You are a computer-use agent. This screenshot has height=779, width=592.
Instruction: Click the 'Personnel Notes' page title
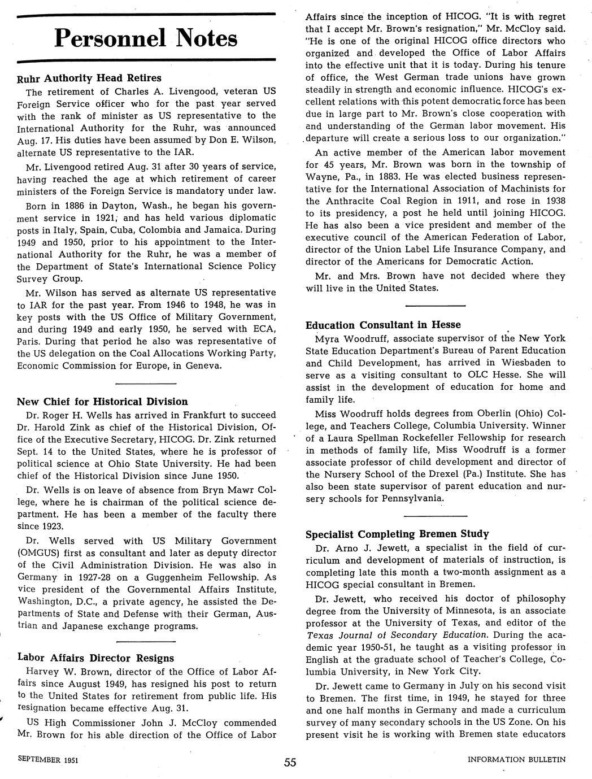(146, 38)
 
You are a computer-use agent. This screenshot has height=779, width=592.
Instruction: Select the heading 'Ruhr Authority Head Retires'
(89, 78)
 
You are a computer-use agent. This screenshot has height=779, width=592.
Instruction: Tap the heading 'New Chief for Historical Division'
(102, 402)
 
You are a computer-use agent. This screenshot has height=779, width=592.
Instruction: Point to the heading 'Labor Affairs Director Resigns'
(95, 658)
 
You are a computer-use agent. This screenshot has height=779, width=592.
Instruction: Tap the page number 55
(290, 762)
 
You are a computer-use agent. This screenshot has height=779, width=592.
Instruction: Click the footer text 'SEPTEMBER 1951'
(48, 760)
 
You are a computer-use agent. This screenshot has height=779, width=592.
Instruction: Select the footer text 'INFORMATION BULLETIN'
(516, 760)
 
